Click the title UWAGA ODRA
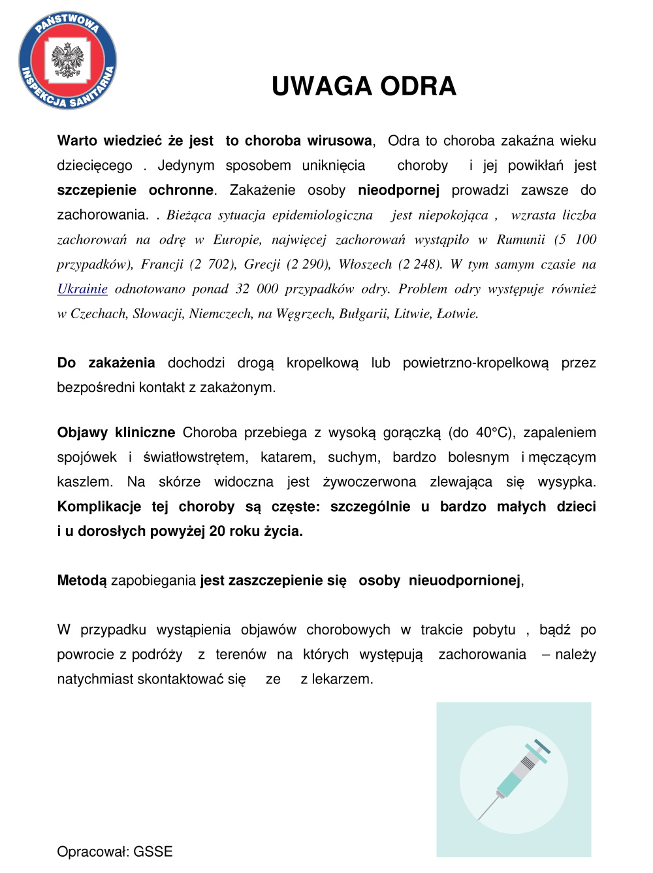click(x=364, y=86)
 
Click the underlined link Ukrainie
click(x=82, y=289)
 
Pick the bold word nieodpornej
click(x=398, y=190)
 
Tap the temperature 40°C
click(x=492, y=433)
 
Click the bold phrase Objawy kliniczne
click(x=116, y=433)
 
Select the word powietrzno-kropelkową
click(x=475, y=363)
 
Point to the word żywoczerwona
click(x=369, y=482)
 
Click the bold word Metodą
click(x=82, y=580)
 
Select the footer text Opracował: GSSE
click(x=115, y=851)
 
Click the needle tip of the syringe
click(x=480, y=818)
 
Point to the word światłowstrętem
click(x=195, y=457)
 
